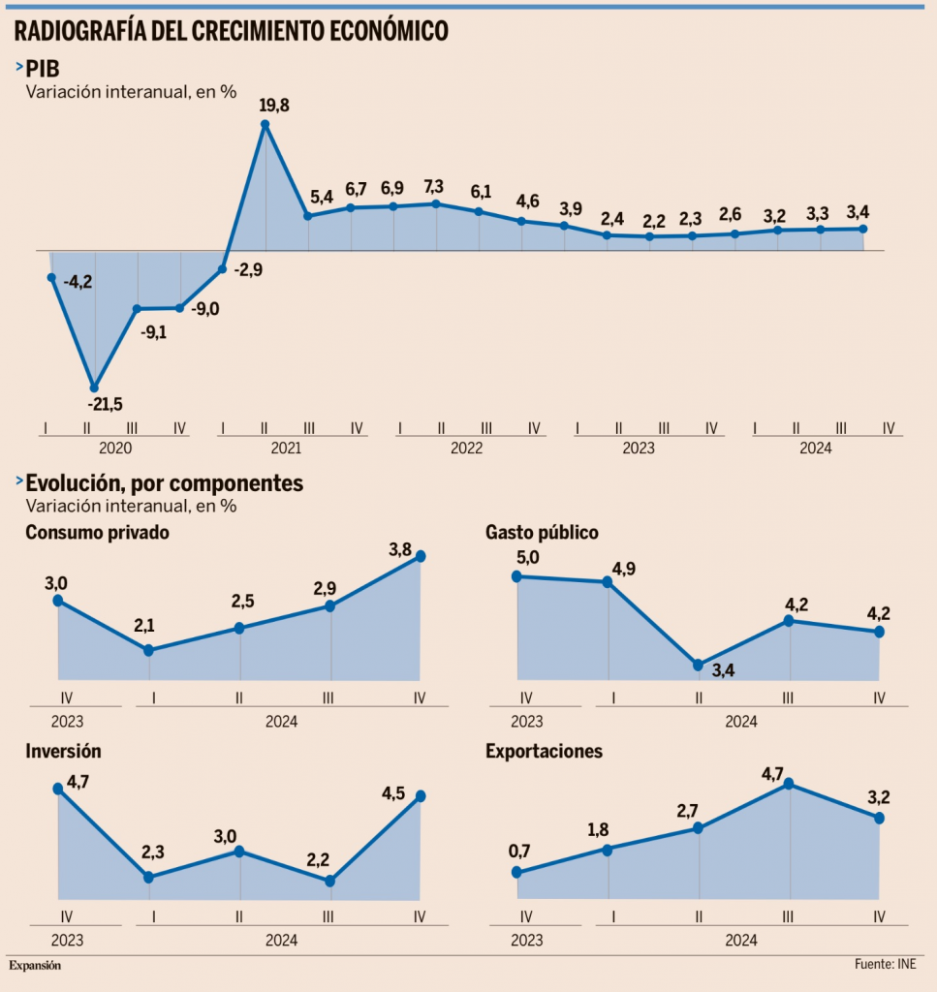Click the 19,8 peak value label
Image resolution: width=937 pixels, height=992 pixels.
(x=275, y=104)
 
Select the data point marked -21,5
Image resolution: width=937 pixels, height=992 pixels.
(x=94, y=387)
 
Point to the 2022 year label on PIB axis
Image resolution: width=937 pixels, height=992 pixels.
(x=466, y=449)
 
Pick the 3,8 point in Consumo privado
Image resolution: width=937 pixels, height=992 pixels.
(x=421, y=556)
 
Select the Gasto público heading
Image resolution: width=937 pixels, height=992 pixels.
(x=542, y=532)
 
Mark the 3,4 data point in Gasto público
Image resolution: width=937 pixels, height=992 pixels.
(x=699, y=665)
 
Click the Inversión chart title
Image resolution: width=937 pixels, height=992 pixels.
(x=63, y=751)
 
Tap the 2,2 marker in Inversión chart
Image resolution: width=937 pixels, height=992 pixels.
(x=330, y=881)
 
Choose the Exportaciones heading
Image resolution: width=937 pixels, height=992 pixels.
(x=544, y=751)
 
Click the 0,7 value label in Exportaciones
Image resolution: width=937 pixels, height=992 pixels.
(x=519, y=852)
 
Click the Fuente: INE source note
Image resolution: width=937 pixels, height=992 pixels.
(x=885, y=965)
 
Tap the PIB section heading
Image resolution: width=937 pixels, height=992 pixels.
(x=43, y=69)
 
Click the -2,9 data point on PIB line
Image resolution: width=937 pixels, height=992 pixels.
(x=223, y=269)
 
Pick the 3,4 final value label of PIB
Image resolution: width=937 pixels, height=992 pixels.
(x=858, y=210)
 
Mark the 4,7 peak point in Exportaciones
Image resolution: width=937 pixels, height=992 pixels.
(x=790, y=784)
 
